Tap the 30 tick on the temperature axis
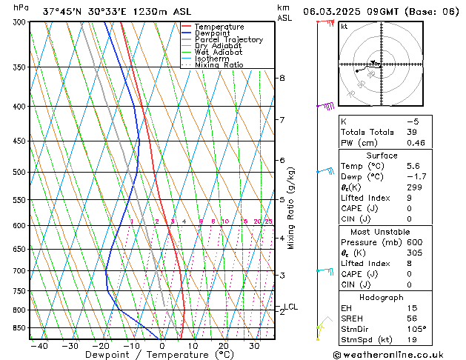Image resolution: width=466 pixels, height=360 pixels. click(x=254, y=346)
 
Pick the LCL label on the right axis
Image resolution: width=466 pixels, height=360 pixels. click(x=291, y=307)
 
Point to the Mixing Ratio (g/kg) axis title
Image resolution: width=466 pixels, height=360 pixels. click(x=291, y=208)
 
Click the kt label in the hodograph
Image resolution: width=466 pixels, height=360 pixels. click(x=344, y=27)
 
